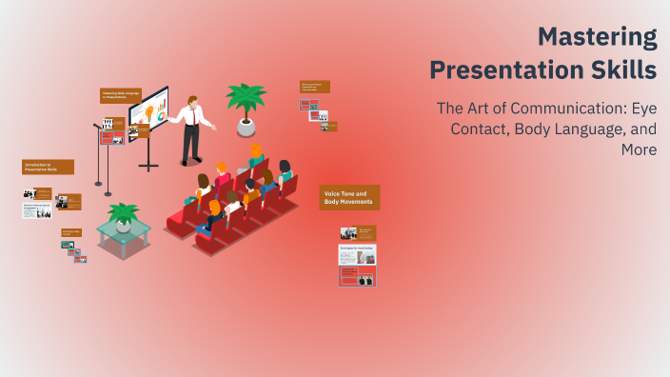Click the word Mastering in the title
tap(597, 37)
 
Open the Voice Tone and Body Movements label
tap(349, 197)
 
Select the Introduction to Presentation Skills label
tap(48, 167)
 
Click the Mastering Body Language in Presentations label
tap(121, 95)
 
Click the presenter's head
tap(192, 100)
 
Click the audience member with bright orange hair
tap(256, 151)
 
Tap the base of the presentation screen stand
tap(148, 167)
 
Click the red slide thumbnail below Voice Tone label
tap(357, 276)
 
